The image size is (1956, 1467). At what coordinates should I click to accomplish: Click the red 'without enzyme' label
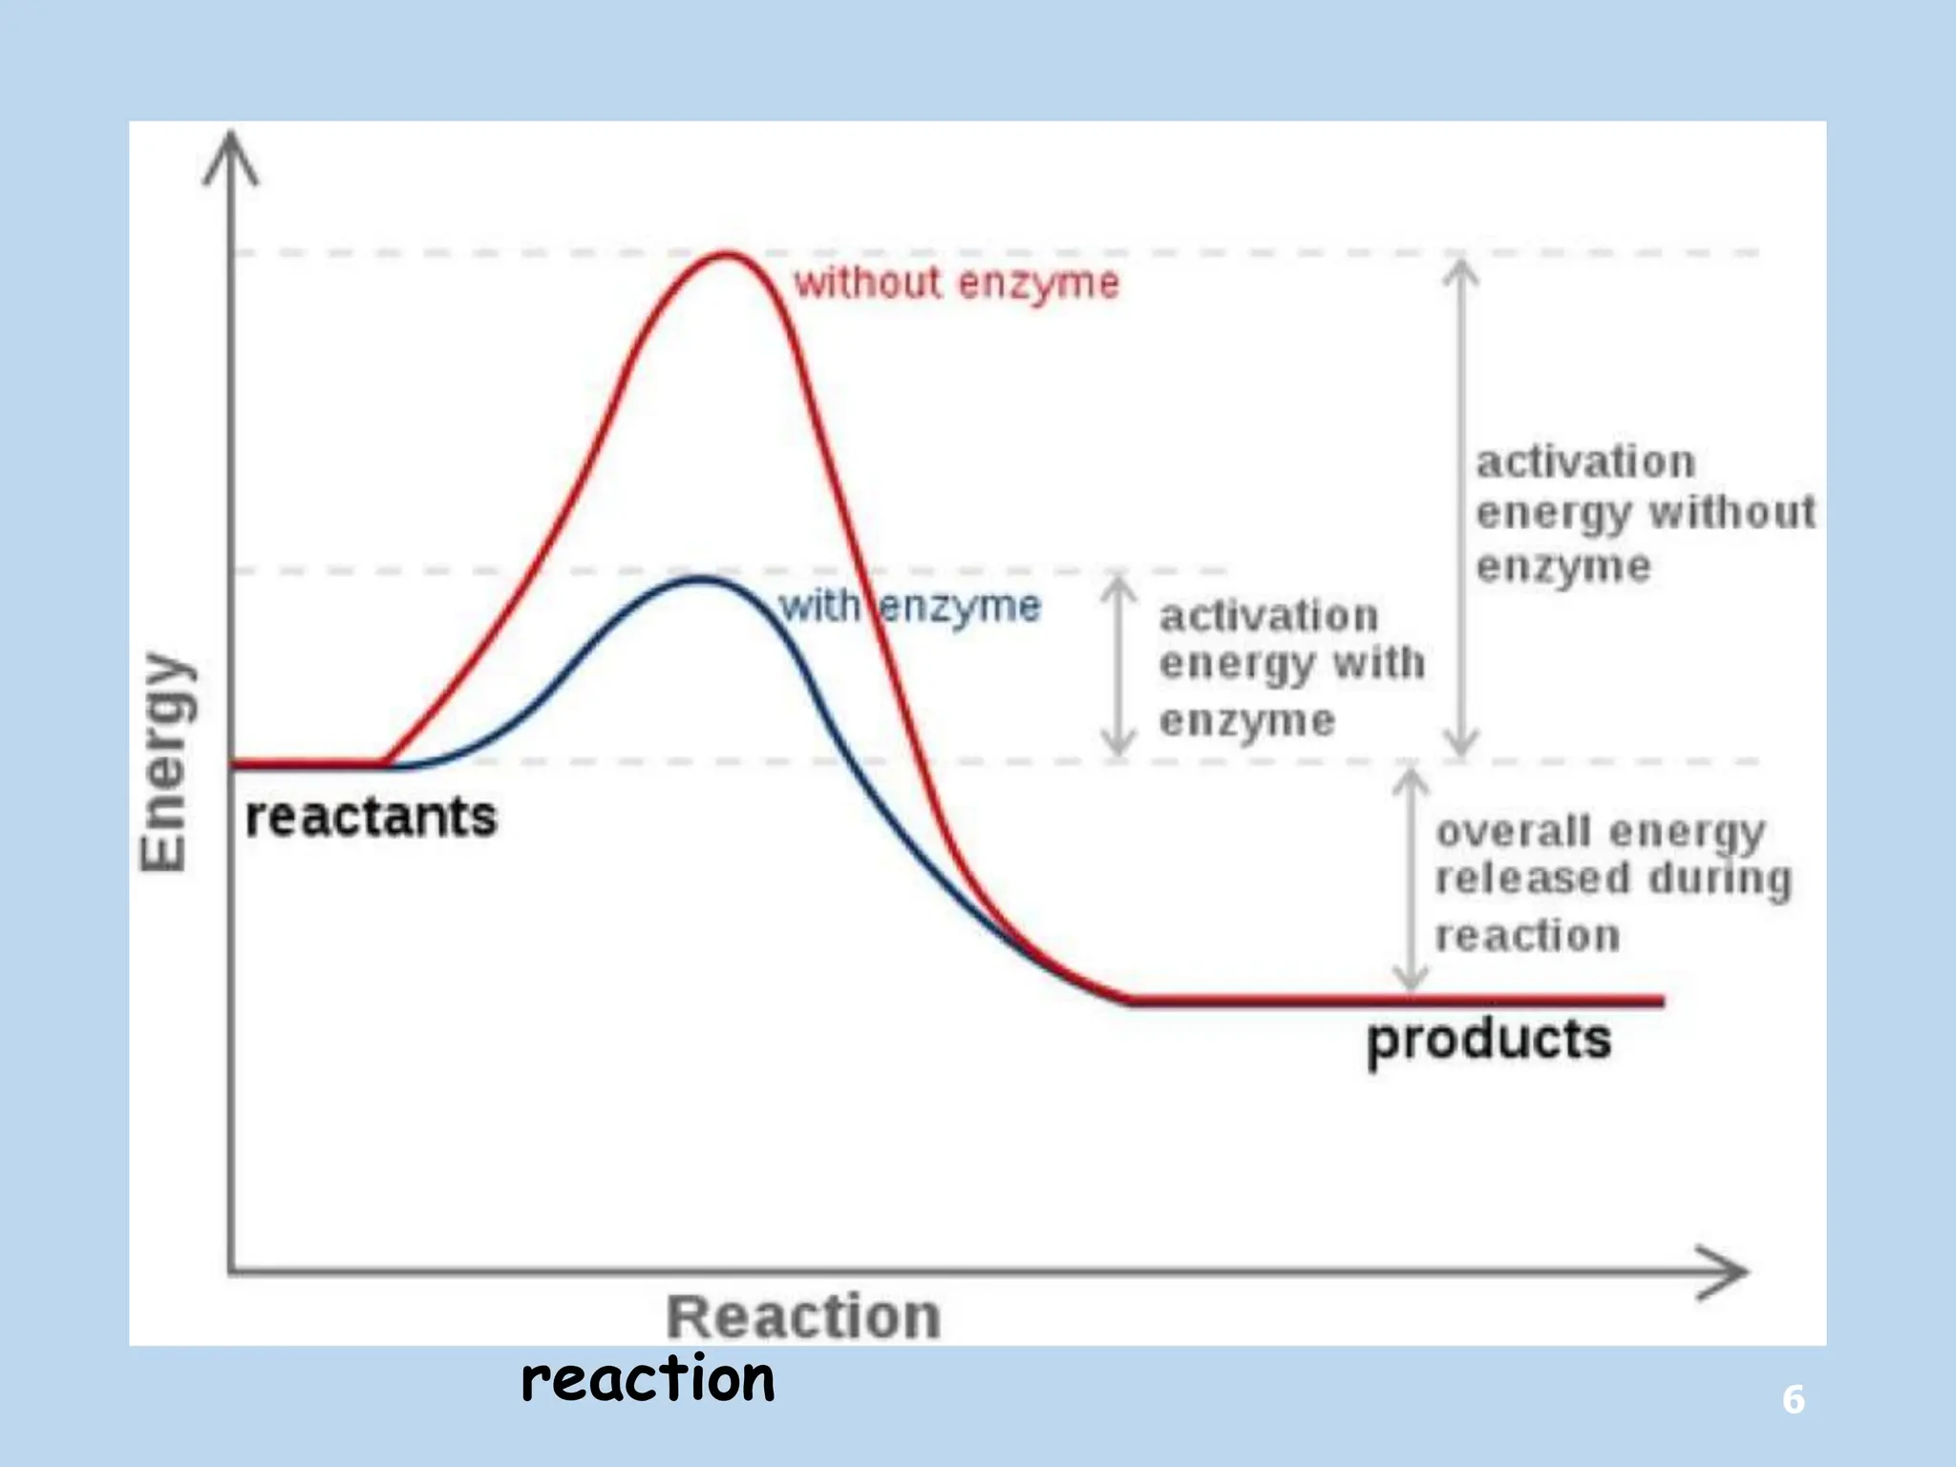tap(956, 284)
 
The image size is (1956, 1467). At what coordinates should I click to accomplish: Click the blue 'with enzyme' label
tap(909, 606)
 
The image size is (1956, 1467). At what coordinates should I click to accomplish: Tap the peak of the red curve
tap(728, 255)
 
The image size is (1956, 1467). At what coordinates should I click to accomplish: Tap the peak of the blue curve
tap(702, 579)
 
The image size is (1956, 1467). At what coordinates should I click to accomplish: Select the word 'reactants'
tap(371, 818)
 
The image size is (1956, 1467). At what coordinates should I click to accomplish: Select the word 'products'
tap(1488, 1039)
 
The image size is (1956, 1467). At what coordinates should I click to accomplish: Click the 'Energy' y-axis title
tap(164, 761)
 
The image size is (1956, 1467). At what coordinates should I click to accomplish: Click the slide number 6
tap(1793, 1400)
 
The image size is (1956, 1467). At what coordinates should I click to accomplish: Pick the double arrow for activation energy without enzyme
tap(1460, 506)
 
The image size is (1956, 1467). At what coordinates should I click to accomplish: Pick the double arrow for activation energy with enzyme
tap(1117, 666)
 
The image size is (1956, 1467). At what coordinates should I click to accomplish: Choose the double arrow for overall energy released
tap(1410, 879)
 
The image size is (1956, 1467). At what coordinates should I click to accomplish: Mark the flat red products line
tap(1394, 1001)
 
